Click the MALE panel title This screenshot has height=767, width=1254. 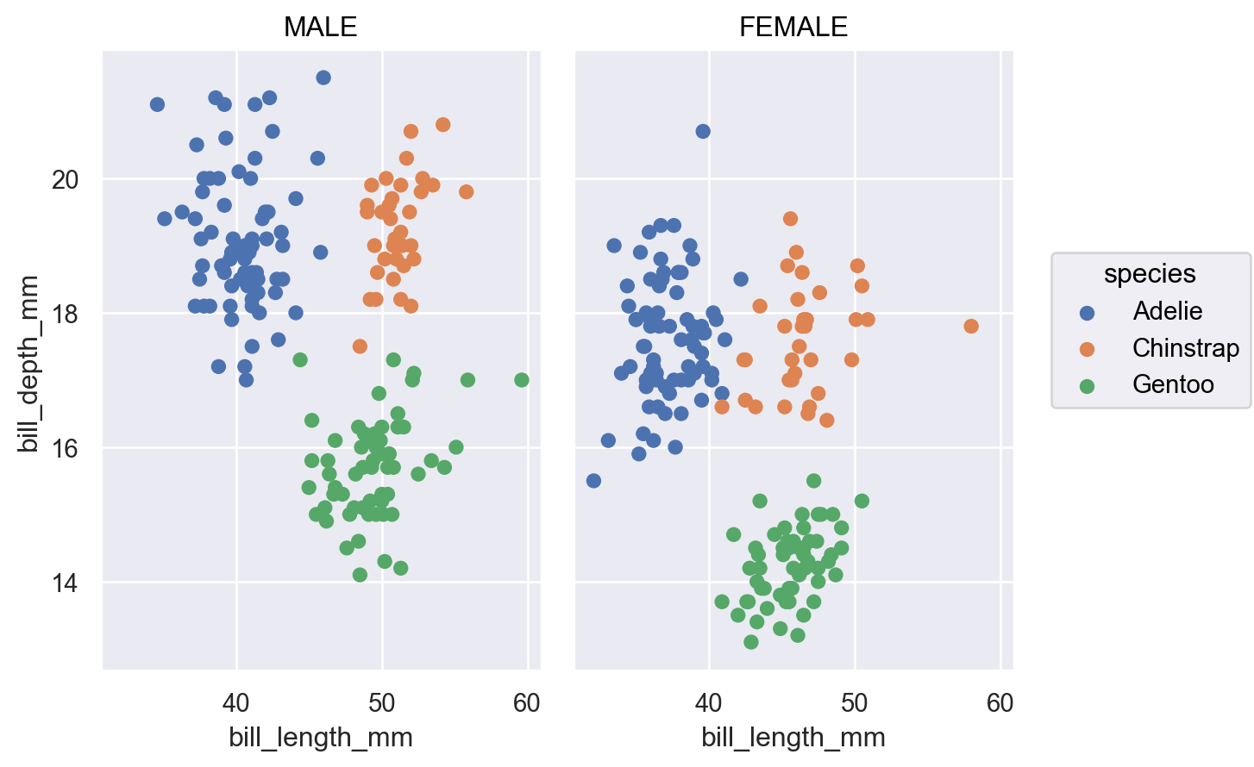pyautogui.click(x=320, y=28)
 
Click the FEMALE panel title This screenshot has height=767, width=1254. pyautogui.click(x=793, y=28)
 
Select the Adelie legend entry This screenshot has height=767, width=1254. pyautogui.click(x=1167, y=311)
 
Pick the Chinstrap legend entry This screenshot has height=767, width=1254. pyautogui.click(x=1185, y=348)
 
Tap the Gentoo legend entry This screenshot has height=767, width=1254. pyautogui.click(x=1173, y=384)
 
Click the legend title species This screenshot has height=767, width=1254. pyautogui.click(x=1150, y=274)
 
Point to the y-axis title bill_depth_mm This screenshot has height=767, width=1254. pyautogui.click(x=28, y=364)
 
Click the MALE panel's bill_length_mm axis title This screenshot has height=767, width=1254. pyautogui.click(x=320, y=738)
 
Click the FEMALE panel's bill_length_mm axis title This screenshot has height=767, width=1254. pyautogui.click(x=793, y=738)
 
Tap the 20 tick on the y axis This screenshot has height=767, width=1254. pyautogui.click(x=65, y=179)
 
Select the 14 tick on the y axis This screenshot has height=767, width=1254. pyautogui.click(x=65, y=583)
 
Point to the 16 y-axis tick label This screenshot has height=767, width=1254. pyautogui.click(x=65, y=449)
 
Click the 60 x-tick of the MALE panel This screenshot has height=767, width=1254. pyautogui.click(x=526, y=703)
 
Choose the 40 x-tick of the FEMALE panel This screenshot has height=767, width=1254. pyautogui.click(x=709, y=703)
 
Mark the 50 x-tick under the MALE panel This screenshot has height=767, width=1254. pyautogui.click(x=381, y=703)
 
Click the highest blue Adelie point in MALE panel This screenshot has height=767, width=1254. pyautogui.click(x=323, y=78)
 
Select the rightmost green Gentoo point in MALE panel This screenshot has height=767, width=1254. pyautogui.click(x=521, y=380)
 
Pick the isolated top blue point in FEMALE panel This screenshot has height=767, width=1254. pyautogui.click(x=703, y=131)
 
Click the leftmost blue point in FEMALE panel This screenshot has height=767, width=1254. pyautogui.click(x=593, y=481)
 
